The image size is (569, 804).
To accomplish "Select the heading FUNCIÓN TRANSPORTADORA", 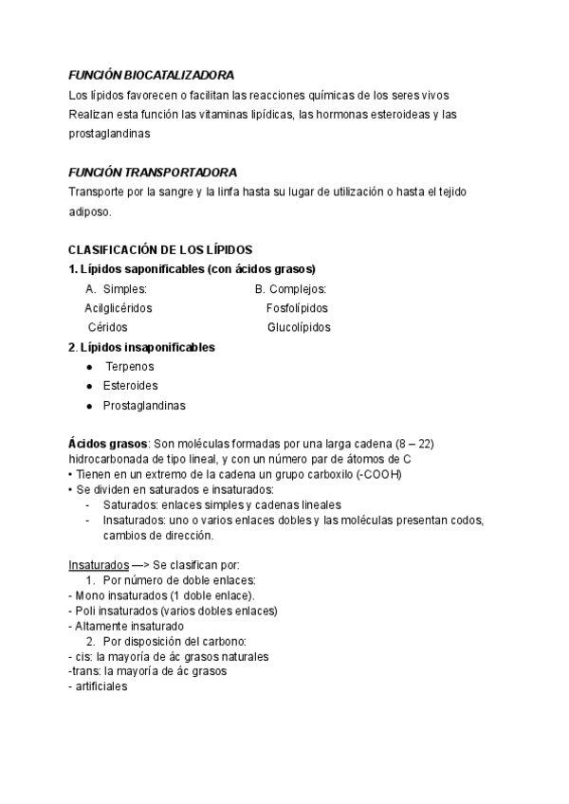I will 153,173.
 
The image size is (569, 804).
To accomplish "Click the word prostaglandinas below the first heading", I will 110,136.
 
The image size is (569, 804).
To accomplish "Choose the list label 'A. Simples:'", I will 116,289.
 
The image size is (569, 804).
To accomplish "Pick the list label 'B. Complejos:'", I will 290,289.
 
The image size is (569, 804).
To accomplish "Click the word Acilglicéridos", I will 118,308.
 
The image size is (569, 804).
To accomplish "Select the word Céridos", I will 107,328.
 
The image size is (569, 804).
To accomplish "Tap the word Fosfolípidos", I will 297,308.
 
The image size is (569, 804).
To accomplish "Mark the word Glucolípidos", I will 299,328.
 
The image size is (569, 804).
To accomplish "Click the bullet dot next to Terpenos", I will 88,367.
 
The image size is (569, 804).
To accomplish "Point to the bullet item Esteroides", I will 130,386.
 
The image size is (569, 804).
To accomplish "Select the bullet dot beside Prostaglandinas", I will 88,406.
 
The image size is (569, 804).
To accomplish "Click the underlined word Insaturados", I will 99,565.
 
